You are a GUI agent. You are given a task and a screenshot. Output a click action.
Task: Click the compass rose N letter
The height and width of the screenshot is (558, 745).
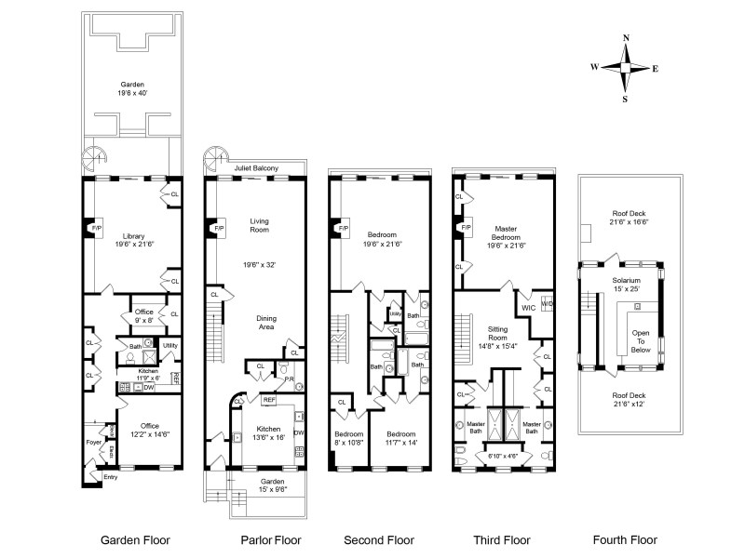626,38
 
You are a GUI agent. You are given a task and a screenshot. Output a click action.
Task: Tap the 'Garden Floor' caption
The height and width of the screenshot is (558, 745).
136,539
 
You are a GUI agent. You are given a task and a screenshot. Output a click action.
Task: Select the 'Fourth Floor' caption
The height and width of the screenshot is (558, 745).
626,539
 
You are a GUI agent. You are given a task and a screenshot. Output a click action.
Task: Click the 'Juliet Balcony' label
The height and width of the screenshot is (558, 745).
256,167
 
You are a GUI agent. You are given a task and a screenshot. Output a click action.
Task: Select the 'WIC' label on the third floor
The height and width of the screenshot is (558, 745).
527,306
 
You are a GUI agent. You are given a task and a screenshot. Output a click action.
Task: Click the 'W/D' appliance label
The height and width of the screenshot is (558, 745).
547,304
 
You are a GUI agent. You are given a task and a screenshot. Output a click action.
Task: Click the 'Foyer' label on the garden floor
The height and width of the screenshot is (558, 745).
94,442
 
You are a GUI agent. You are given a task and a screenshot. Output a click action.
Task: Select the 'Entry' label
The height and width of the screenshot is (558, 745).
111,477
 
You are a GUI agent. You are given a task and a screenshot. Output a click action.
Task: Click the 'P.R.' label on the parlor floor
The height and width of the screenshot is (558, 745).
289,379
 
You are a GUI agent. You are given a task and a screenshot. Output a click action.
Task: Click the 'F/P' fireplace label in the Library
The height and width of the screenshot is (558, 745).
93,227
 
